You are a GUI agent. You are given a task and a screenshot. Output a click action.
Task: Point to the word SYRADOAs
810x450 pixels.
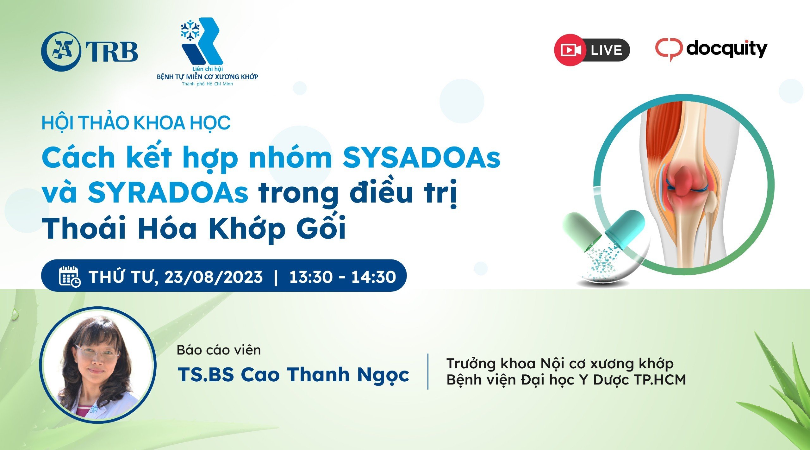coord(168,193)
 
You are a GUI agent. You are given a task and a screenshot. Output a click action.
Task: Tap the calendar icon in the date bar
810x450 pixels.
coord(70,277)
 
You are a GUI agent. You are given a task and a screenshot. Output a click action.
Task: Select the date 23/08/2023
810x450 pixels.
coord(214,277)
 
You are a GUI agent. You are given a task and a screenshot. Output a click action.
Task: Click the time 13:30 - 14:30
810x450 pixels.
coord(343,277)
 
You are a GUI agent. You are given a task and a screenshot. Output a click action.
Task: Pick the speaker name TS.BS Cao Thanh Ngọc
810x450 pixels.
coord(293,375)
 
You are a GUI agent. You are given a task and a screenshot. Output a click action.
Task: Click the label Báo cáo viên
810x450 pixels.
coord(219,350)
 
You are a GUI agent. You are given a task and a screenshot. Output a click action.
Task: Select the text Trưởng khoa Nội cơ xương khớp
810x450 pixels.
coord(560,363)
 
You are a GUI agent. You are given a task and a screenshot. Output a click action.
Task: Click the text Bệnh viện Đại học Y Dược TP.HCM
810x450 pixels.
coord(566,380)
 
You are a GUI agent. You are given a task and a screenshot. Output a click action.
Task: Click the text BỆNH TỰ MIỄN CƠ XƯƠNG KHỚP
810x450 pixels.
coord(208,77)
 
